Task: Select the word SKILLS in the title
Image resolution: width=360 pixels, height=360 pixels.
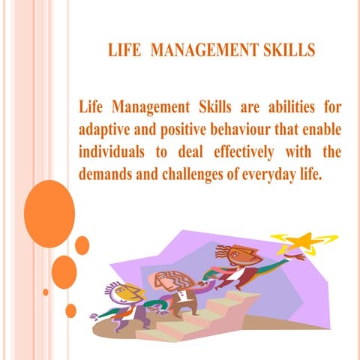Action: click(x=283, y=51)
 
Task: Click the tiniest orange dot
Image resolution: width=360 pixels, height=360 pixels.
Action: click(x=46, y=292)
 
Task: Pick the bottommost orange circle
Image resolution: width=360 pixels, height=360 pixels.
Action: click(x=71, y=310)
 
